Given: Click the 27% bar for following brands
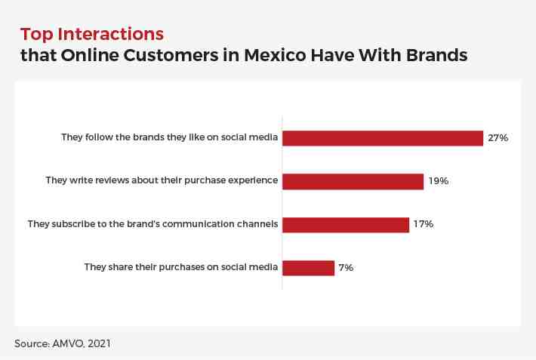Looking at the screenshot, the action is pyautogui.click(x=383, y=138).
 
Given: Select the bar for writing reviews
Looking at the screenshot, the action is pyautogui.click(x=353, y=182).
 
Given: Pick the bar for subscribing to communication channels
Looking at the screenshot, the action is pyautogui.click(x=346, y=225).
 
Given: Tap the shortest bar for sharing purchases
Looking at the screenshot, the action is pyautogui.click(x=308, y=268).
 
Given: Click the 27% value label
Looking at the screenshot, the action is pyautogui.click(x=498, y=138).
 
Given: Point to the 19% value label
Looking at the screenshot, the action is pyautogui.click(x=439, y=181).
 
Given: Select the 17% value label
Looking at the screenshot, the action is pyautogui.click(x=424, y=224).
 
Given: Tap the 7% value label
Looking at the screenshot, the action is pyautogui.click(x=346, y=267).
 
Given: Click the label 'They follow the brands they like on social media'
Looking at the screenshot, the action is pyautogui.click(x=170, y=137).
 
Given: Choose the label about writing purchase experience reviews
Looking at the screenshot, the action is pyautogui.click(x=162, y=180).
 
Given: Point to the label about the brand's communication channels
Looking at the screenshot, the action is pyautogui.click(x=152, y=224).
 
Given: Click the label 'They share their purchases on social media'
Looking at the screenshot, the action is pyautogui.click(x=181, y=267).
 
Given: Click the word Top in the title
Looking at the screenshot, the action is pyautogui.click(x=36, y=35).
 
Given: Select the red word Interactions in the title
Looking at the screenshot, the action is pyautogui.click(x=111, y=34).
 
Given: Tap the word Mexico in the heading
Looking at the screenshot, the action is pyautogui.click(x=275, y=55).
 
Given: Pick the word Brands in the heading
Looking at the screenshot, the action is pyautogui.click(x=436, y=55).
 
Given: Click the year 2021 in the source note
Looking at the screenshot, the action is pyautogui.click(x=99, y=343).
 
